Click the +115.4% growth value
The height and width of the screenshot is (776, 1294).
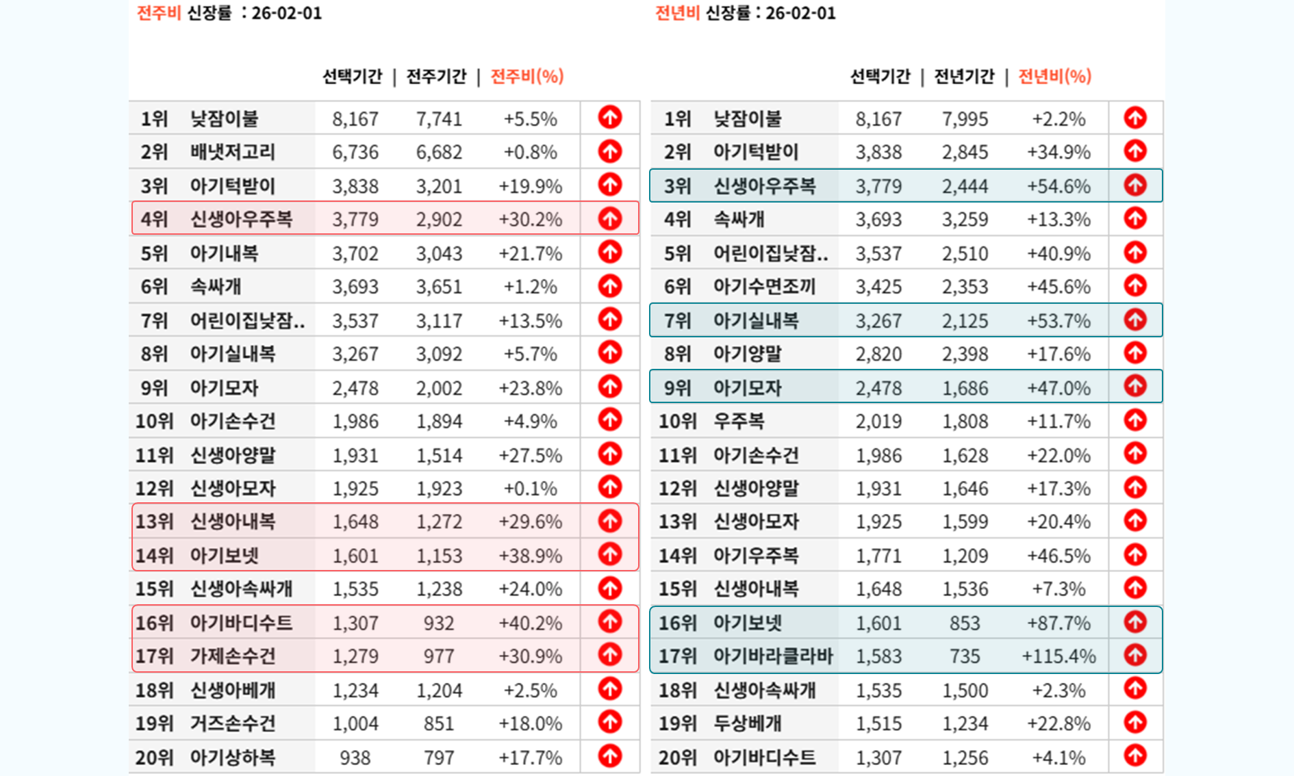click(1058, 656)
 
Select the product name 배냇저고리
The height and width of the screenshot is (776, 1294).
click(233, 152)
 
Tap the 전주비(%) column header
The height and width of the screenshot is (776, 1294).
click(527, 76)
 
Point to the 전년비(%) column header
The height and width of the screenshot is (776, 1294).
click(1054, 76)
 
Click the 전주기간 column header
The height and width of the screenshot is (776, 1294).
click(436, 76)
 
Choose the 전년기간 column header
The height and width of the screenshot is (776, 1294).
click(964, 76)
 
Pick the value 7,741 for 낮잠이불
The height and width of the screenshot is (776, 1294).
click(439, 119)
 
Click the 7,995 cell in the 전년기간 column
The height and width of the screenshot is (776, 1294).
click(965, 119)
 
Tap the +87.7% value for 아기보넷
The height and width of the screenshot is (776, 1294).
click(1058, 623)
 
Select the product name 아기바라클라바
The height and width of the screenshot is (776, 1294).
click(773, 656)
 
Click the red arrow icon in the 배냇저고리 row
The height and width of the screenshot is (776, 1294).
click(609, 151)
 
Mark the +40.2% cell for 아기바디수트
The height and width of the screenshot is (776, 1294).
click(530, 623)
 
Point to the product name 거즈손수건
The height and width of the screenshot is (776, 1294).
click(233, 723)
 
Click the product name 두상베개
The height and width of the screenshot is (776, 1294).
click(748, 723)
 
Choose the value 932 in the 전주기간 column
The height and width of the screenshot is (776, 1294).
click(439, 623)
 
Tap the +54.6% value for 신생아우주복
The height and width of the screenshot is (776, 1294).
click(1058, 186)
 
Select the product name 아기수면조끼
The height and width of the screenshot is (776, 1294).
click(764, 287)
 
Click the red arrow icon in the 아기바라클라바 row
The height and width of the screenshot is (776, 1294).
click(1135, 656)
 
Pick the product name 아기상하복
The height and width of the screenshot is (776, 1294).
click(233, 758)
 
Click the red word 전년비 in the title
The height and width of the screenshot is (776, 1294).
click(676, 13)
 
